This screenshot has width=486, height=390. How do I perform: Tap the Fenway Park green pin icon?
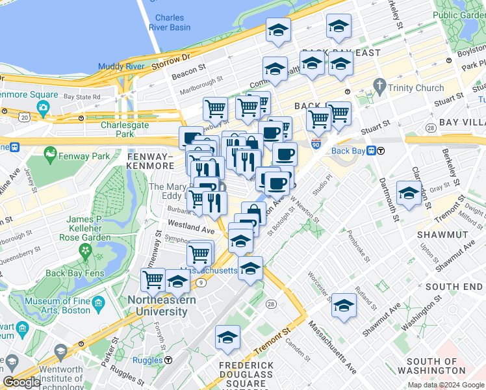click(50, 155)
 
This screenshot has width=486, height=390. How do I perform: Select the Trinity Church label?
click(415, 88)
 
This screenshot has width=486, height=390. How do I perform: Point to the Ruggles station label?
click(148, 360)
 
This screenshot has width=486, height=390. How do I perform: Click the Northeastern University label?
click(157, 305)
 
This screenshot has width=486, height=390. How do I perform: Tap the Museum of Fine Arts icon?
click(98, 303)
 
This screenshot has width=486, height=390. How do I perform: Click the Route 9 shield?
click(201, 282)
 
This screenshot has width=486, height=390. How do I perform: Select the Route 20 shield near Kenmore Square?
click(24, 116)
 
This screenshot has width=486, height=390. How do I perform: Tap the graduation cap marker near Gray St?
click(408, 193)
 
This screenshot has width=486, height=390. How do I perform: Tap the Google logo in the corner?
click(21, 382)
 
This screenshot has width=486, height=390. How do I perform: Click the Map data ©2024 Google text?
click(445, 385)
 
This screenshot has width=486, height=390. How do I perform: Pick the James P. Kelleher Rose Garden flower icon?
click(86, 249)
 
